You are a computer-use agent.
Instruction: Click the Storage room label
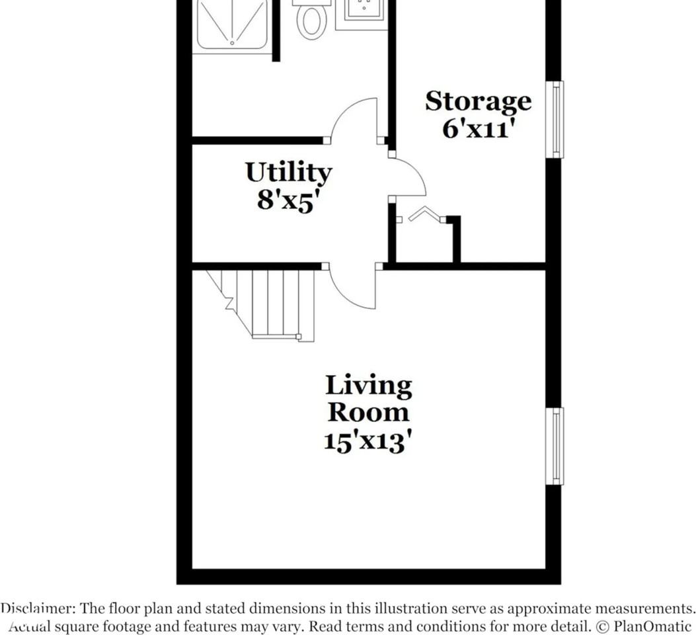[478, 101]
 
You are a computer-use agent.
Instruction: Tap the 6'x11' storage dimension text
[478, 128]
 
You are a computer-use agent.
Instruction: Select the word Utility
[288, 173]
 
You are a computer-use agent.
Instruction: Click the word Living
[368, 385]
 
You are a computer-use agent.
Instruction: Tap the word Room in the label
[368, 412]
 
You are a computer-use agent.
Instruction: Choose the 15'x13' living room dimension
[368, 441]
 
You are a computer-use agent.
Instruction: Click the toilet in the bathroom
[311, 19]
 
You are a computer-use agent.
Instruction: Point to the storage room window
[555, 120]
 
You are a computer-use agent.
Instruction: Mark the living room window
[555, 446]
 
